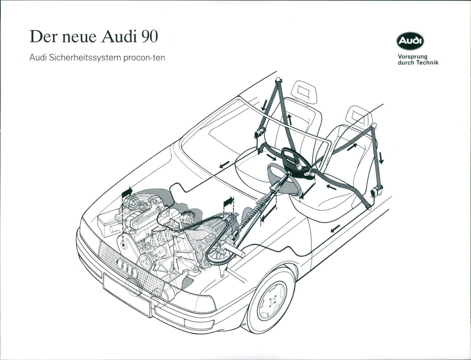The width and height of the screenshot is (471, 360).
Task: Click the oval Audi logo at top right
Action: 410,41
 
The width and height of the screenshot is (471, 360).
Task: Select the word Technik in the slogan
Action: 428,63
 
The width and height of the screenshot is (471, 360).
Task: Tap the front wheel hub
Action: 272,300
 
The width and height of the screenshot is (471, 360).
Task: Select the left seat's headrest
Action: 304,92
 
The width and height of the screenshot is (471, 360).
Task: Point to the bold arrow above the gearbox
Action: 228,201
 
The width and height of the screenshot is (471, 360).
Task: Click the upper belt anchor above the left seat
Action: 278,81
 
